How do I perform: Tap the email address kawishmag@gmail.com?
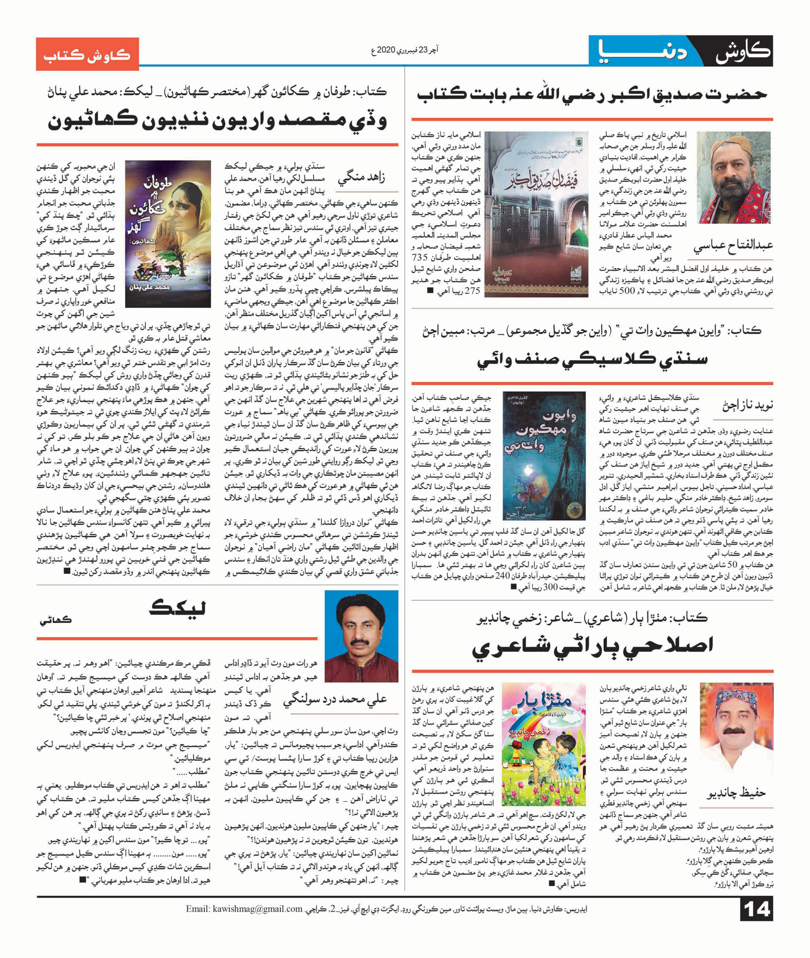[244, 909]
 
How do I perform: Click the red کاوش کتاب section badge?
[87, 54]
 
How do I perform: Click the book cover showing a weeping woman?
[168, 233]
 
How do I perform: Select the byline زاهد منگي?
[362, 177]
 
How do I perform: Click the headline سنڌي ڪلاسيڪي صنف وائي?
[592, 359]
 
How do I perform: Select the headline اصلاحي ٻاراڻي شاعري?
[592, 646]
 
